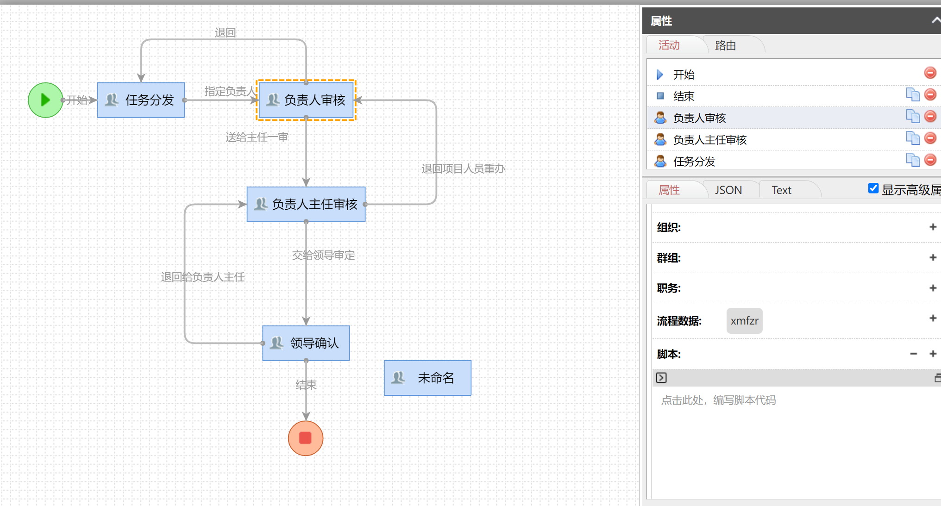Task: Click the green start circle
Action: coord(45,100)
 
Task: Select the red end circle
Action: coord(306,438)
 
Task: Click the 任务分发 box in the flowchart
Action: coord(141,100)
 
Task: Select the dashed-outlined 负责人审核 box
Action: coord(306,100)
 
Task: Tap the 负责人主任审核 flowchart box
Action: coord(306,204)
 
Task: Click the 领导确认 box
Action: coord(306,343)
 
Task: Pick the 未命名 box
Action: coord(427,378)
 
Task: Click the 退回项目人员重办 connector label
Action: coord(463,169)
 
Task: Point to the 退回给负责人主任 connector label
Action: coord(203,277)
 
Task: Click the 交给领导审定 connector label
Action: coord(323,255)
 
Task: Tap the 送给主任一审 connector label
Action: coord(257,137)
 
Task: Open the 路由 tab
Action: coord(725,45)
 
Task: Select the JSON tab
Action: coord(728,190)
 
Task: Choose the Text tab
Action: coord(781,190)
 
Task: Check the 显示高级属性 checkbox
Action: coord(873,188)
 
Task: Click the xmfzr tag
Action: coord(744,321)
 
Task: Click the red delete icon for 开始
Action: coord(930,73)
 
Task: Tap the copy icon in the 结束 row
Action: coord(913,94)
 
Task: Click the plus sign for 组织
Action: coord(933,227)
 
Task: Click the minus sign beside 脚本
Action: coord(913,354)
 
